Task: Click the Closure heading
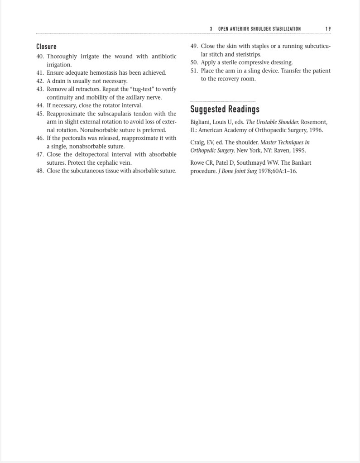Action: pos(46,47)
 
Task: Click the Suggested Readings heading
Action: pos(225,110)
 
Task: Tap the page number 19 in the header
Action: pos(328,29)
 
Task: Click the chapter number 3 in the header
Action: pos(211,29)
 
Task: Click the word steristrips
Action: pos(248,54)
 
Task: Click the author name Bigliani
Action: pos(201,122)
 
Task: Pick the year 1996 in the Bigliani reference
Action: pos(316,130)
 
